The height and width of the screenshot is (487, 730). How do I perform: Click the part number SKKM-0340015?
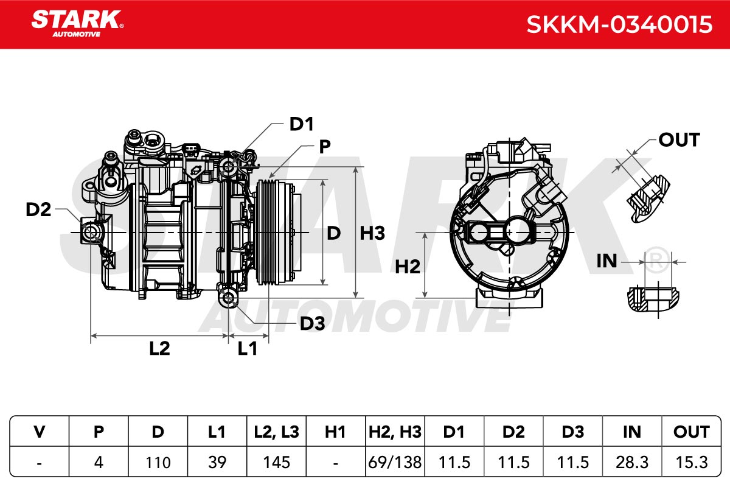[619, 24]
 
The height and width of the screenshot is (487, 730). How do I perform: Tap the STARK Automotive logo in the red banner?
[77, 24]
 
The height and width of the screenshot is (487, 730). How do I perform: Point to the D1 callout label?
[302, 124]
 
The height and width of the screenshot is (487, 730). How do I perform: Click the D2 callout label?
[38, 209]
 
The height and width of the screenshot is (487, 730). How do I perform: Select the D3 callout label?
[312, 323]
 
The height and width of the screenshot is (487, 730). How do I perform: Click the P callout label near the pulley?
[325, 147]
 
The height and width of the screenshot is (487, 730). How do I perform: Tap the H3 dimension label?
[372, 233]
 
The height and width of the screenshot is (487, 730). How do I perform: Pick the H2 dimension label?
[408, 267]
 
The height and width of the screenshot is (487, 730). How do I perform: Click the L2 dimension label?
[159, 348]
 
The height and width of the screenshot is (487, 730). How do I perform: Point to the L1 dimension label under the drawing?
[248, 348]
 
